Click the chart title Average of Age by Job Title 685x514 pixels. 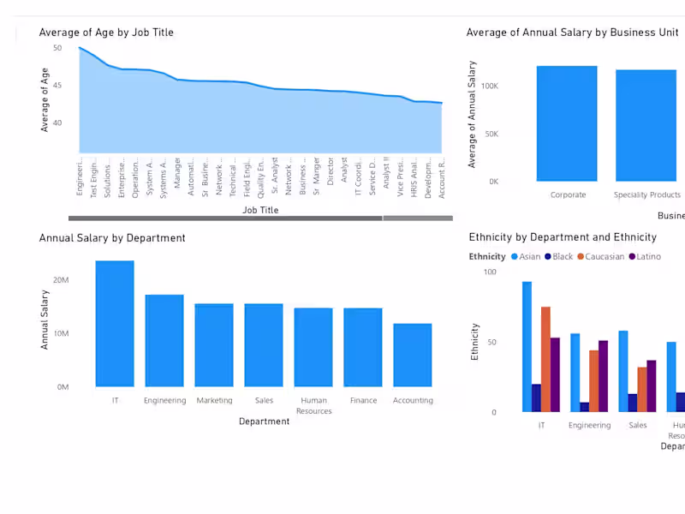point(106,33)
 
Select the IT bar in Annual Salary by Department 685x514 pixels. point(115,324)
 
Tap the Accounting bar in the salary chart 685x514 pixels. point(413,355)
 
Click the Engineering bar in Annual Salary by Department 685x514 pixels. point(164,340)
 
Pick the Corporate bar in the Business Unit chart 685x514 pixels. point(567,123)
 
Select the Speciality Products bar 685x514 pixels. point(646,125)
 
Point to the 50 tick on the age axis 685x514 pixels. point(57,48)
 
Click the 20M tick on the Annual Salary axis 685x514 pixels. point(61,280)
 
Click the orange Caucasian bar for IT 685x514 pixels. point(545,359)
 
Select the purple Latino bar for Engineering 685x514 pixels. point(603,376)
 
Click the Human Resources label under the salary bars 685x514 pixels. point(313,405)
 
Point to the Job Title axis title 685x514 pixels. point(260,210)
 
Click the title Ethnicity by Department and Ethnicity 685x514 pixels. point(563,237)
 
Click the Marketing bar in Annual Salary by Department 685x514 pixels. point(214,345)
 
